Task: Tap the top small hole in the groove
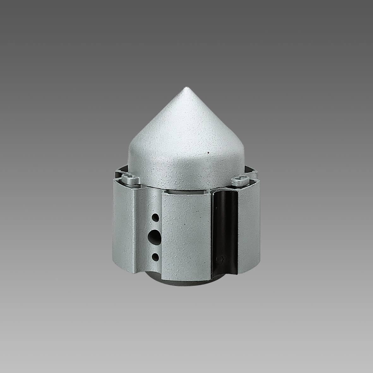156,217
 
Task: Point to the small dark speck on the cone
208,152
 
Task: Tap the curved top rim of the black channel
225,193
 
